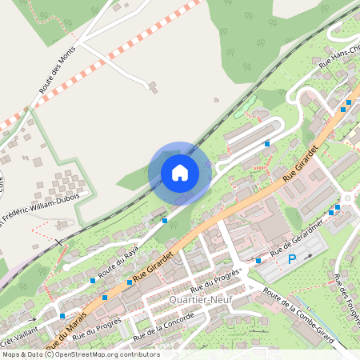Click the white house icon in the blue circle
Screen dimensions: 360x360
pyautogui.click(x=180, y=172)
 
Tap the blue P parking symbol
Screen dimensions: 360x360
pyautogui.click(x=292, y=258)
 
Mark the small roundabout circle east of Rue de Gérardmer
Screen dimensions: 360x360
pyautogui.click(x=349, y=197)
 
